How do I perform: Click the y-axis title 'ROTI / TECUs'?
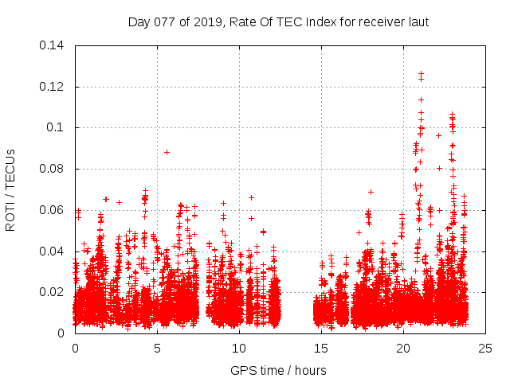pyautogui.click(x=10, y=189)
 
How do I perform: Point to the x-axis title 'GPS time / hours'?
pyautogui.click(x=278, y=370)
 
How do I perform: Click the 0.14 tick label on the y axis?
pyautogui.click(x=53, y=45)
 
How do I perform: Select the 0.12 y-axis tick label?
pyautogui.click(x=53, y=87)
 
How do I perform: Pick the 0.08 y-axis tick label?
pyautogui.click(x=53, y=169)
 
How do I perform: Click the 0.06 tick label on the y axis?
pyautogui.click(x=53, y=210)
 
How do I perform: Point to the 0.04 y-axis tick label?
pyautogui.click(x=53, y=251)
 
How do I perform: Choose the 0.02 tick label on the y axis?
pyautogui.click(x=53, y=292)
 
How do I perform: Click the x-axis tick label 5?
pyautogui.click(x=157, y=348)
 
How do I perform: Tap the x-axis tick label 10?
pyautogui.click(x=239, y=348)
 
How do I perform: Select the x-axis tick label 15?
pyautogui.click(x=321, y=348)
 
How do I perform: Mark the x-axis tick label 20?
pyautogui.click(x=403, y=348)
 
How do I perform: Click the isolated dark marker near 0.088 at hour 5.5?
pyautogui.click(x=167, y=152)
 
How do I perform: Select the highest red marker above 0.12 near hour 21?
pyautogui.click(x=421, y=73)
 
